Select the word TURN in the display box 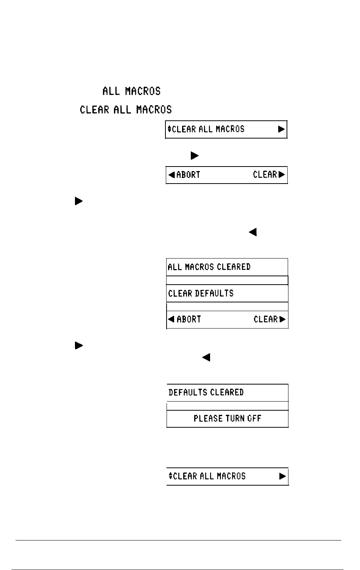[235, 419]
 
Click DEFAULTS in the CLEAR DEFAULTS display [214, 293]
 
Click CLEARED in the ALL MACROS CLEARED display [234, 267]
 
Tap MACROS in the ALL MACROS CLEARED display [199, 267]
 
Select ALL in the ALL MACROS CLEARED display [175, 267]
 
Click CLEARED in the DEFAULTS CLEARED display [227, 392]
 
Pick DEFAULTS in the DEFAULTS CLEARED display [188, 392]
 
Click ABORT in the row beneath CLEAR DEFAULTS [189, 319]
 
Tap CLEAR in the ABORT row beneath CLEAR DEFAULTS [266, 319]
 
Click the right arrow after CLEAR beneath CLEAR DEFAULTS [282, 319]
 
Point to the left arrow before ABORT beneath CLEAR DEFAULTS [171, 319]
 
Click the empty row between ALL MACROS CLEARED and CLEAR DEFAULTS [227, 280]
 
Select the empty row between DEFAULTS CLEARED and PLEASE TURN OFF [228, 406]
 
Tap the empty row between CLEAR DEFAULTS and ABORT [228, 307]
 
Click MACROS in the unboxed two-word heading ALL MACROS [143, 91]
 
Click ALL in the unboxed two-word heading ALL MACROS [111, 91]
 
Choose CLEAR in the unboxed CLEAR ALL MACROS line [94, 110]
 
